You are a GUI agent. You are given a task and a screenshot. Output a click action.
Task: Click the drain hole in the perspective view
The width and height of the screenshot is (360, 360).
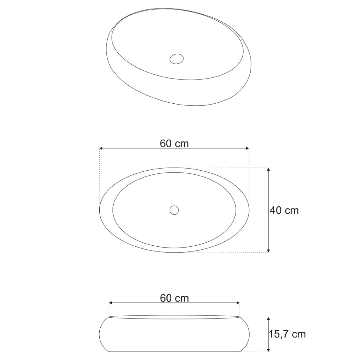pos(176,59)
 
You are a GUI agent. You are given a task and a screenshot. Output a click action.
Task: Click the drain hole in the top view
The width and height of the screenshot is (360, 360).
pos(174,210)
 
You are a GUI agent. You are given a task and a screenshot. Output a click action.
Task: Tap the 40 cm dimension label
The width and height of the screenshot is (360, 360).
pos(284,211)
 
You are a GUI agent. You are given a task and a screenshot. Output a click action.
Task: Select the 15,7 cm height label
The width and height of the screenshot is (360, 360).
pos(287,334)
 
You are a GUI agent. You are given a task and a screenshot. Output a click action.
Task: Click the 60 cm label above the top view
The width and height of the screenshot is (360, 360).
pos(174,144)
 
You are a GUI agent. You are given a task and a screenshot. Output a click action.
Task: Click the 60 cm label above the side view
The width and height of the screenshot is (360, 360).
pos(174,298)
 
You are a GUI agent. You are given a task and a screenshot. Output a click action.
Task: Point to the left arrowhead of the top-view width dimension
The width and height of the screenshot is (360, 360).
pos(101,148)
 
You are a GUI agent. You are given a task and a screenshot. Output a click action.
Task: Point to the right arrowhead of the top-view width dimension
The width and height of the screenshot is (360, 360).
pos(247,148)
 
